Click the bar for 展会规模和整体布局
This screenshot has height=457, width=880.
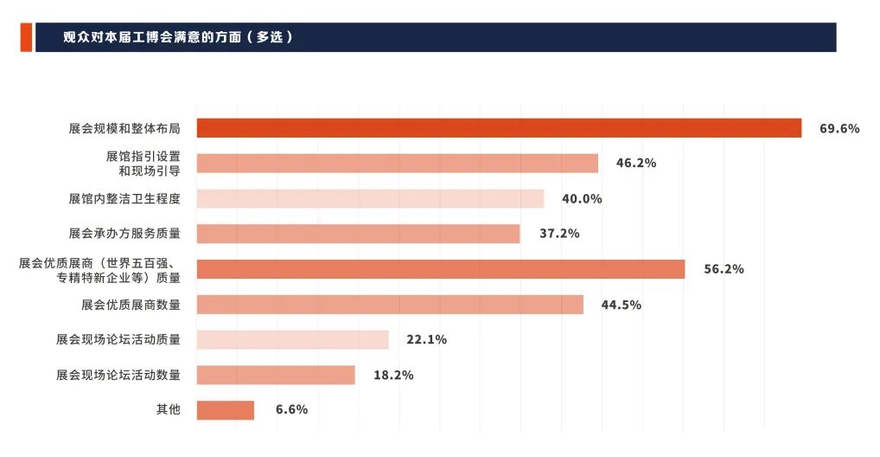coord(499,128)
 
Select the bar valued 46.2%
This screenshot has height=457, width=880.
coord(397,164)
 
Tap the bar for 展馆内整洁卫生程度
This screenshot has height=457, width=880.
coord(370,198)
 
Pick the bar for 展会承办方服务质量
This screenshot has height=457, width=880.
coord(358,234)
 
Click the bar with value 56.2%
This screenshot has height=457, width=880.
coord(440,269)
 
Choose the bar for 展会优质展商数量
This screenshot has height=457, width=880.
coord(390,305)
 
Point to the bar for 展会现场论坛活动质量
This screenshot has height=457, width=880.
coord(292,339)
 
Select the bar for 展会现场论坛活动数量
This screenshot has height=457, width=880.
coord(276,375)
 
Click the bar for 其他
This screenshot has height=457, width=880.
coord(225,410)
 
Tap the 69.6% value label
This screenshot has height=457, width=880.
coord(839,129)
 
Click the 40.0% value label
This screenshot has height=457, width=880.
coord(581,199)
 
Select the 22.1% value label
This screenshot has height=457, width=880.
coord(426,340)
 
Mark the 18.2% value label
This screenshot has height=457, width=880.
coord(392,375)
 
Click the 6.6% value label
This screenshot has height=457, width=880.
coord(291,410)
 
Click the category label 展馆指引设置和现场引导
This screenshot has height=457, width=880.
coord(143,164)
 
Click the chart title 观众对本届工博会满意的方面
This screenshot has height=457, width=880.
coord(178,38)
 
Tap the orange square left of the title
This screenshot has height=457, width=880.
coord(26,38)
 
